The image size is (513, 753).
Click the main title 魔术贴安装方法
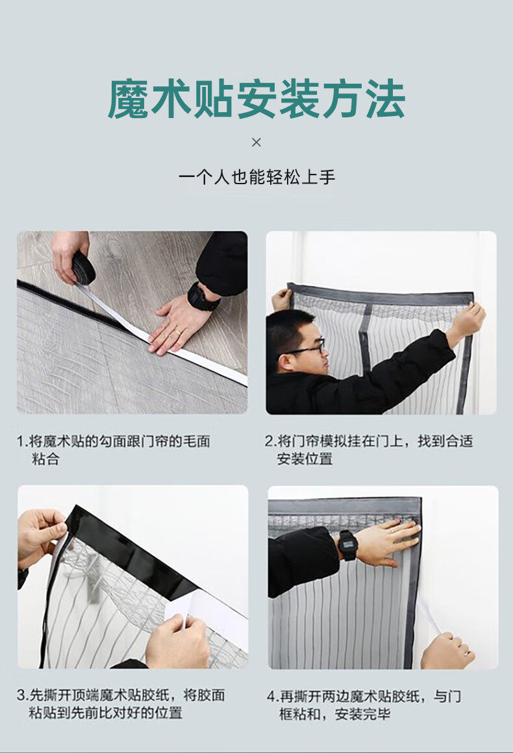click(256, 99)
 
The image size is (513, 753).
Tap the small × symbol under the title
click(256, 142)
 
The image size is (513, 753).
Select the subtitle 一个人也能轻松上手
click(256, 177)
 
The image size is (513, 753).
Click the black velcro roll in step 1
click(83, 267)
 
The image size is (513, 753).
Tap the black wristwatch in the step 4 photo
click(347, 545)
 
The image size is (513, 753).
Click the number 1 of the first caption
click(21, 441)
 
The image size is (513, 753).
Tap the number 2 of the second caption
click(269, 441)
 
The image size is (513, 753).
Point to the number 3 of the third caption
click(21, 695)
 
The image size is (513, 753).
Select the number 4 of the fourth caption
click(271, 697)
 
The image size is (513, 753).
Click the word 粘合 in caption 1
click(45, 459)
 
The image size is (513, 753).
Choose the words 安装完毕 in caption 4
click(362, 714)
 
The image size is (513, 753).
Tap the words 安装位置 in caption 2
click(305, 459)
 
